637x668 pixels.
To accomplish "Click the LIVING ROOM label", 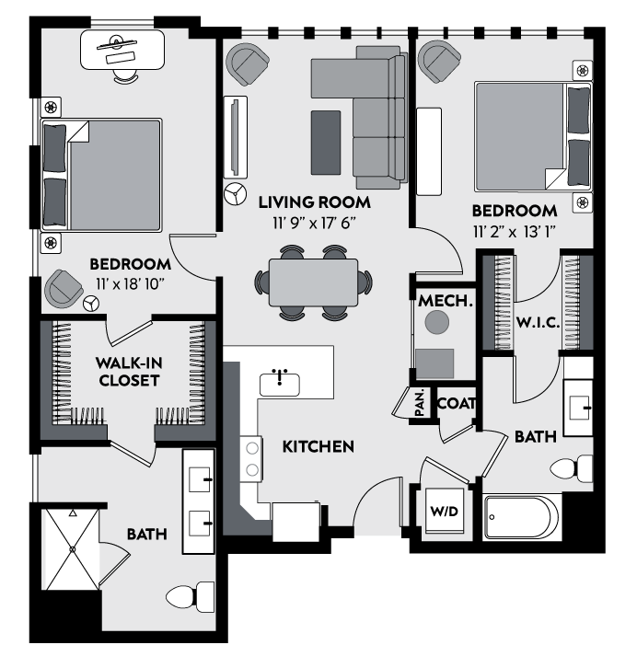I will click(x=314, y=202).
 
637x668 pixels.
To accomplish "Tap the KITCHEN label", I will click(x=318, y=447).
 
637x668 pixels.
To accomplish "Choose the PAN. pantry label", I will click(x=420, y=403).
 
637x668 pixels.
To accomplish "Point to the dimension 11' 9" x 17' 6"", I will click(x=313, y=223).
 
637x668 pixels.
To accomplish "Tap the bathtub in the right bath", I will click(x=522, y=518).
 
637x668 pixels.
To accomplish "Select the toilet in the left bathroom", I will click(x=189, y=599).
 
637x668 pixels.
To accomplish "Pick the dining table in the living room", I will click(x=313, y=282).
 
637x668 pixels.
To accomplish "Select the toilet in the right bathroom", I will click(x=574, y=469).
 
